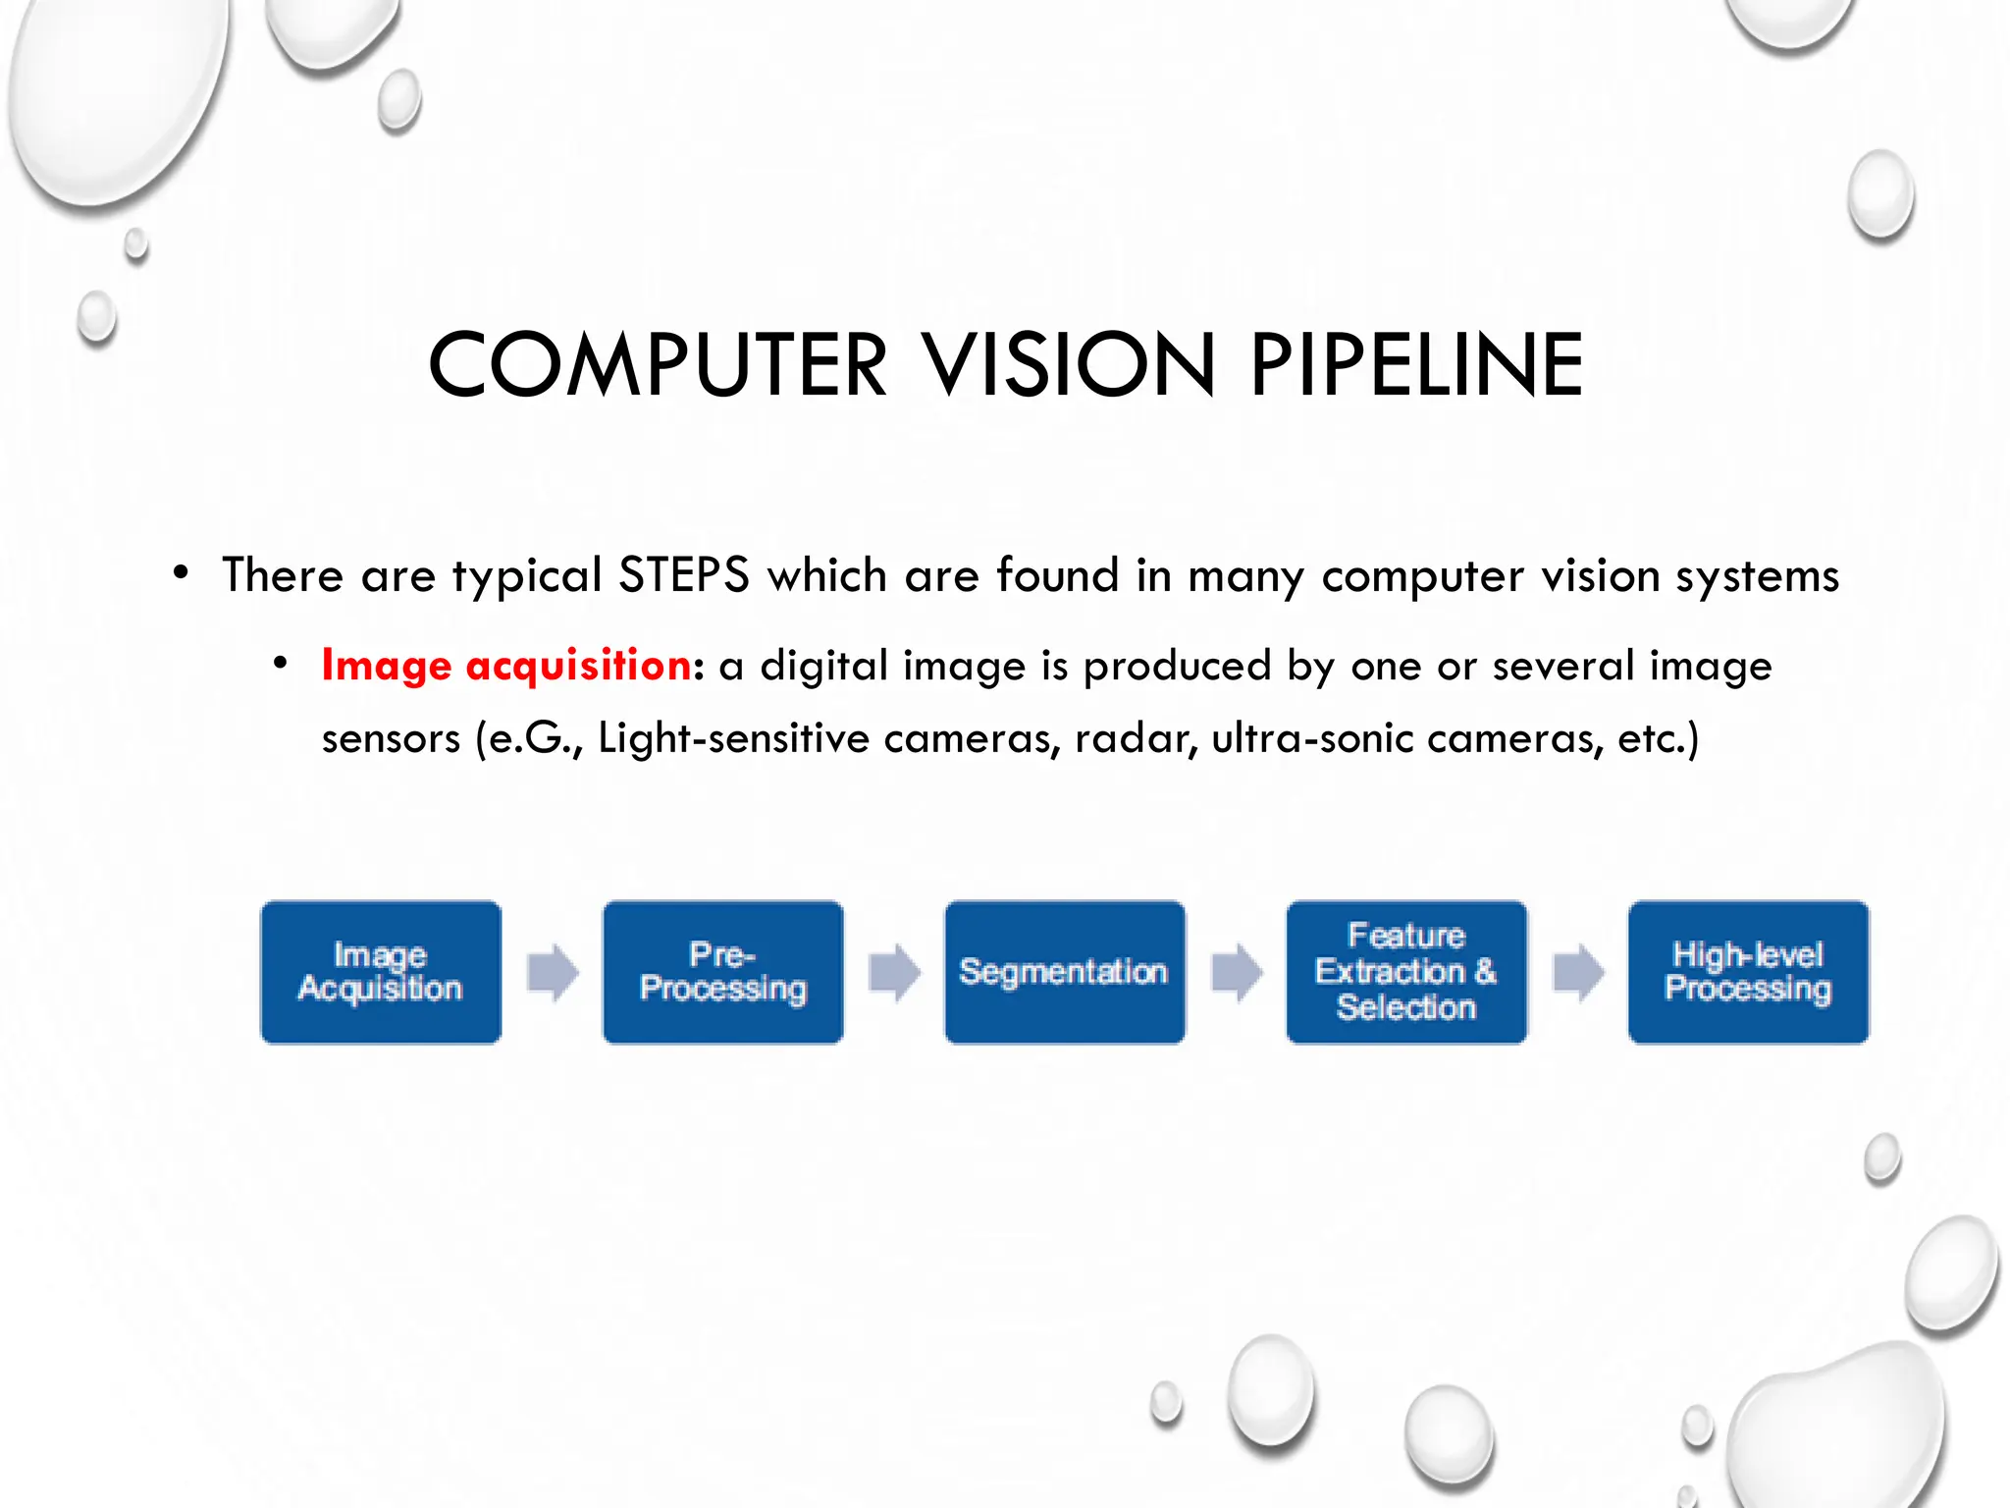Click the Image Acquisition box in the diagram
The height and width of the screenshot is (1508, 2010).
(381, 972)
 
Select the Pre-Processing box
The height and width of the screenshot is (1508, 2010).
(723, 972)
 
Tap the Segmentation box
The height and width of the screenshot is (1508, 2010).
(1065, 972)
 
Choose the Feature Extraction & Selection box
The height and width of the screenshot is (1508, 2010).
(1406, 972)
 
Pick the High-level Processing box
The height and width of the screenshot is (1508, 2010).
(1748, 972)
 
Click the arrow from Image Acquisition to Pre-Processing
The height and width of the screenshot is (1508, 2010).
(553, 973)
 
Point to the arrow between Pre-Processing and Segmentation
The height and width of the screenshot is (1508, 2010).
(894, 973)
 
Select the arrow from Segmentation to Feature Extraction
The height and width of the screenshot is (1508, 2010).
(1236, 973)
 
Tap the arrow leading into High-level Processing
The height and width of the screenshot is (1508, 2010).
(1577, 973)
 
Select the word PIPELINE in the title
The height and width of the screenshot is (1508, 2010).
(1416, 365)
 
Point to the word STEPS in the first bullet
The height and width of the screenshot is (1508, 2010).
(684, 575)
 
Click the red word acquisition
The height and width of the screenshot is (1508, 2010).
(579, 666)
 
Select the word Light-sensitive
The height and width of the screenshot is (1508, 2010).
(733, 738)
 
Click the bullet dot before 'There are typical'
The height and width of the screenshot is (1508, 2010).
(181, 572)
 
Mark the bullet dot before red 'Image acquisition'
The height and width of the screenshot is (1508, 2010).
(281, 663)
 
